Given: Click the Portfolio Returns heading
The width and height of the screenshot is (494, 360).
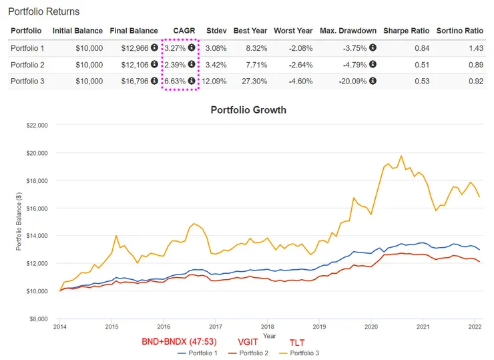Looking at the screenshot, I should [43, 11].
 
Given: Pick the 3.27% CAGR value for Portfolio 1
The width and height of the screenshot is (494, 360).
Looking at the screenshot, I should [176, 47].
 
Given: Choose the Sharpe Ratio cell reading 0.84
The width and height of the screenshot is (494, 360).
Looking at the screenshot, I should [407, 47].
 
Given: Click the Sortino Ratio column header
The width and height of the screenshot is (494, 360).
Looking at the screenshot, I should [459, 31].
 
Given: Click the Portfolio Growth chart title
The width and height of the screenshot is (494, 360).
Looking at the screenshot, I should [248, 110].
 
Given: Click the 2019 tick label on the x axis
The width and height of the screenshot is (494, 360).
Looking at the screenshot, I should [319, 327].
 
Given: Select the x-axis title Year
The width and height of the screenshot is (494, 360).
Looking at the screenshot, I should [269, 336].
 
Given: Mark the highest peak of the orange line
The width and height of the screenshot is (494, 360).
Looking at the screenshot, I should [401, 156].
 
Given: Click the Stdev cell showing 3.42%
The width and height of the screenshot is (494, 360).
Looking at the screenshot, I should [216, 64].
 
